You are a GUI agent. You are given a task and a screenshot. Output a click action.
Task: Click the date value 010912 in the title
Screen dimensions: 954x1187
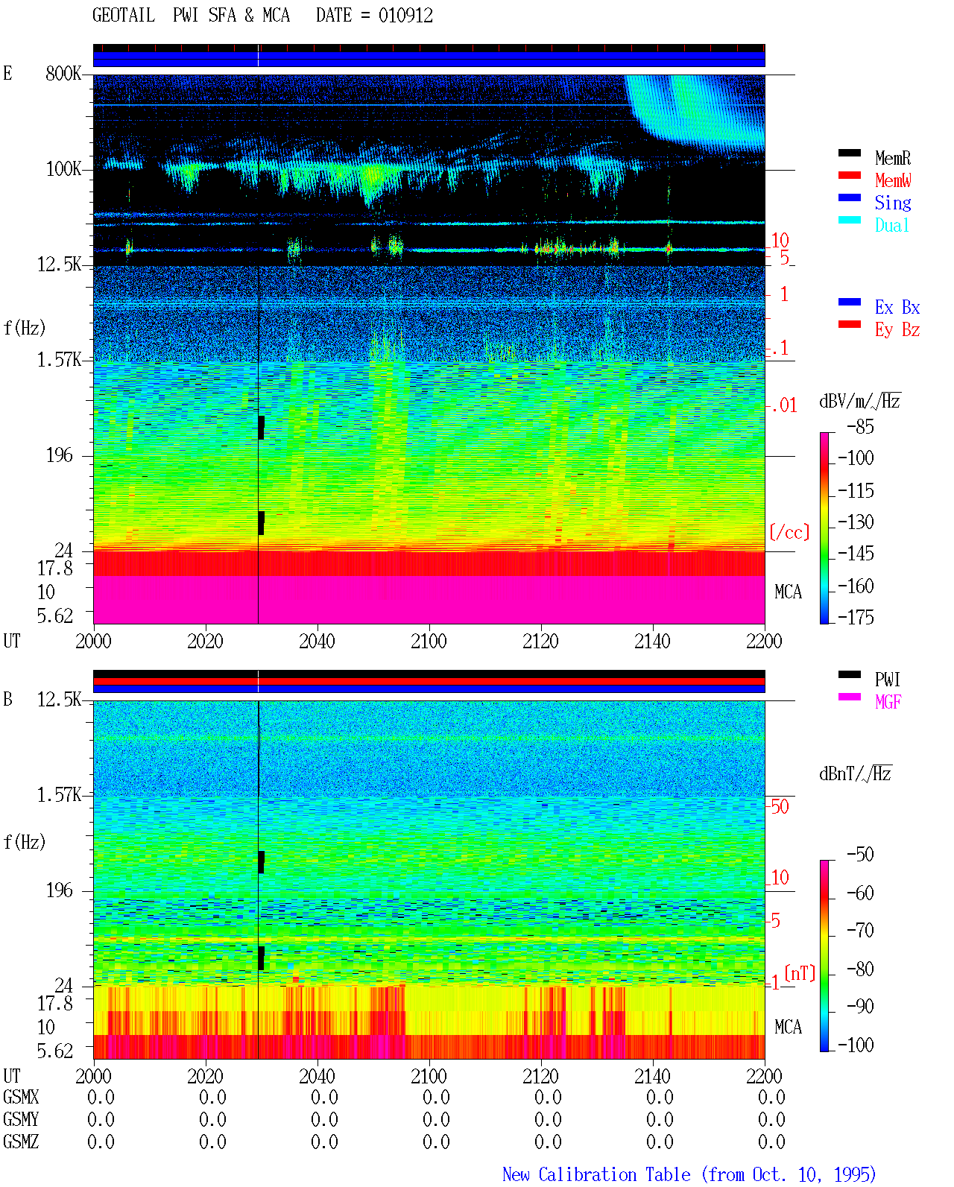pos(405,16)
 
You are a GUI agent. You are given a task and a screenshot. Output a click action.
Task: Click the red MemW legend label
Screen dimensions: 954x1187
pos(893,180)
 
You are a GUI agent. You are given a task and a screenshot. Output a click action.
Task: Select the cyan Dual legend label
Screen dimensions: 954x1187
pos(891,225)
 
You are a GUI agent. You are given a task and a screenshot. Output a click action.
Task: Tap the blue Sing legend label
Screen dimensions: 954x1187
pos(893,203)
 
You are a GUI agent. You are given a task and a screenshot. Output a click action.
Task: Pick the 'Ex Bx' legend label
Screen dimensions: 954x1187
pos(897,307)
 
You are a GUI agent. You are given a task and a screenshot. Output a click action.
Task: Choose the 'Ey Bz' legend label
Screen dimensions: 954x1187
pos(897,330)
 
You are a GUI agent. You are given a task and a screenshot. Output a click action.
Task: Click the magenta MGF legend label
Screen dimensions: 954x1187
pos(888,702)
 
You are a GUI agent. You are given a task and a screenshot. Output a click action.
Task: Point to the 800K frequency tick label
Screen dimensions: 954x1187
pos(63,73)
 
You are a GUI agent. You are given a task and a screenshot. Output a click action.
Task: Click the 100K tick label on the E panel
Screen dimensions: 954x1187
pos(63,169)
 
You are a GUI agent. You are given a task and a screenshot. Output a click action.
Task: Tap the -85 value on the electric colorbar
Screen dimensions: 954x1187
pos(860,426)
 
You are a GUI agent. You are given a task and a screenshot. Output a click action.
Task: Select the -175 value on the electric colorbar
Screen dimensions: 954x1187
pos(856,617)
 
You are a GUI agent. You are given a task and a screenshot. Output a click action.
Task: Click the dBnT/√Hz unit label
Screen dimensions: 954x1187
pos(855,774)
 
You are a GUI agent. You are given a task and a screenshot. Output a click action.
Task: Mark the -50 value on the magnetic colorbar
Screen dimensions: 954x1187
pos(860,855)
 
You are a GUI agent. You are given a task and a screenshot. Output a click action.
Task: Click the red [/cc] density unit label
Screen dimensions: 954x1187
pos(789,532)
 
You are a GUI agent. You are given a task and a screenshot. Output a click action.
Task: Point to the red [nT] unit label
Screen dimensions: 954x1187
pos(800,972)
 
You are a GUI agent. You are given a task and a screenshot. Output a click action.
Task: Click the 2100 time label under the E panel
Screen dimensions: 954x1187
pos(429,641)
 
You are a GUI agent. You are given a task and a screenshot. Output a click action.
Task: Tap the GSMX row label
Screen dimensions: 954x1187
pos(21,1097)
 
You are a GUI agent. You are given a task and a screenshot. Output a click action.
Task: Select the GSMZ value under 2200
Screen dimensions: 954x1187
pos(771,1142)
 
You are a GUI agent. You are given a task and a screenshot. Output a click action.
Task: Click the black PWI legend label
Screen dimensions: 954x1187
pos(888,679)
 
